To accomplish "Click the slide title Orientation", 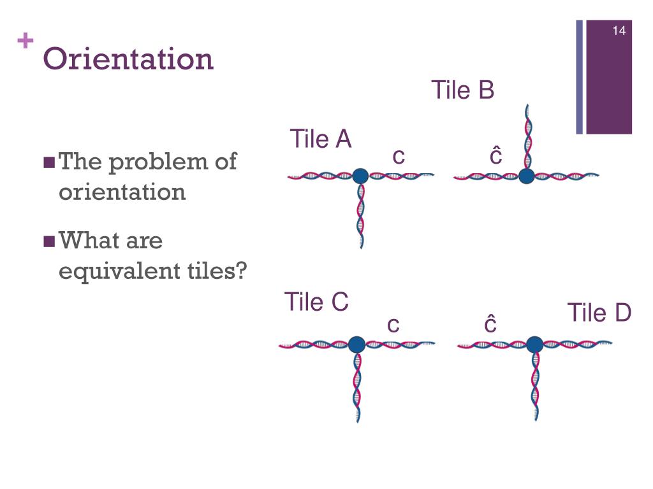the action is [128, 59].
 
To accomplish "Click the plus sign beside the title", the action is [26, 42].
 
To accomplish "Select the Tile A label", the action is [321, 139].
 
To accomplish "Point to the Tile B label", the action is [462, 90].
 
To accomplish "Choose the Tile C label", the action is [316, 302].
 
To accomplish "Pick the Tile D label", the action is [599, 313].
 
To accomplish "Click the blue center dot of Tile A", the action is [360, 176].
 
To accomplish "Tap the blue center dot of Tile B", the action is [526, 176].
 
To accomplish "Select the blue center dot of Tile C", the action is [356, 344].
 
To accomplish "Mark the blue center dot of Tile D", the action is [534, 344].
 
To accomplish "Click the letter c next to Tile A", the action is [399, 156].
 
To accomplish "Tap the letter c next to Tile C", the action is [393, 325].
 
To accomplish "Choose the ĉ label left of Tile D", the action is [490, 324].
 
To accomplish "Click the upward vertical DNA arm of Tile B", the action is [527, 137].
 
